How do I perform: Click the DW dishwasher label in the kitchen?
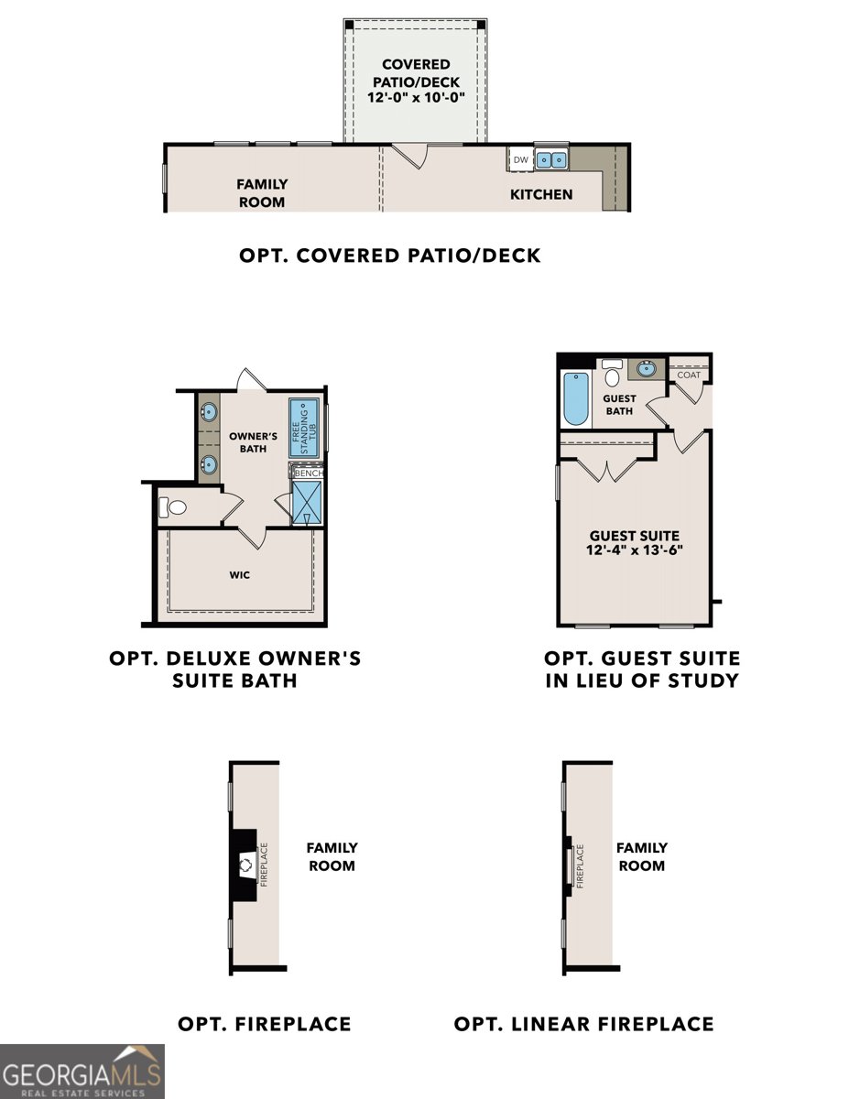520,160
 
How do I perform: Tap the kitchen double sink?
551,159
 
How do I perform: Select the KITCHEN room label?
541,194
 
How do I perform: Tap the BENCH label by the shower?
307,473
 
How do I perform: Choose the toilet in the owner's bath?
172,506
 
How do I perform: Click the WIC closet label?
240,576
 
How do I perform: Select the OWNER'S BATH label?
247,442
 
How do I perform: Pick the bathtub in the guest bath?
575,400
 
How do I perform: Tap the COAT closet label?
688,374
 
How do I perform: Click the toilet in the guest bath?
612,374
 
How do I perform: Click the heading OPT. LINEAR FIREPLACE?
583,1023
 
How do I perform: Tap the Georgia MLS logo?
82,1071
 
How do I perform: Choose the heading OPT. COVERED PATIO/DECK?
390,256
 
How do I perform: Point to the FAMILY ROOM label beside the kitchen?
262,193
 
